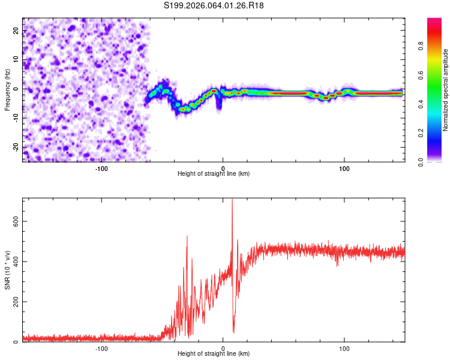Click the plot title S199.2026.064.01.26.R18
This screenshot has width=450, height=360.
pyautogui.click(x=214, y=5)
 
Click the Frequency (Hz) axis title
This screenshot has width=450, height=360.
pyautogui.click(x=7, y=89)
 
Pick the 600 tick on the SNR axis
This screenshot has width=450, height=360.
pyautogui.click(x=14, y=221)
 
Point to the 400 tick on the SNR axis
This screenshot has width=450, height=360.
pyautogui.click(x=14, y=261)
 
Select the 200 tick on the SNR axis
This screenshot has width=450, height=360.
pyautogui.click(x=14, y=301)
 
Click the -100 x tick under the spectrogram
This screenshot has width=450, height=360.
pyautogui.click(x=101, y=167)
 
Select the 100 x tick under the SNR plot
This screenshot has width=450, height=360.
pyautogui.click(x=344, y=347)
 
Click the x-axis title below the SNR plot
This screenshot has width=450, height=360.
pyautogui.click(x=214, y=354)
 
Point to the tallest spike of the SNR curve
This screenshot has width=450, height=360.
pyautogui.click(x=232, y=201)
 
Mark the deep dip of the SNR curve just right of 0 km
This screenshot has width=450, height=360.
pyautogui.click(x=233, y=331)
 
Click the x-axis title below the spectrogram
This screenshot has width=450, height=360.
pyautogui.click(x=214, y=174)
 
